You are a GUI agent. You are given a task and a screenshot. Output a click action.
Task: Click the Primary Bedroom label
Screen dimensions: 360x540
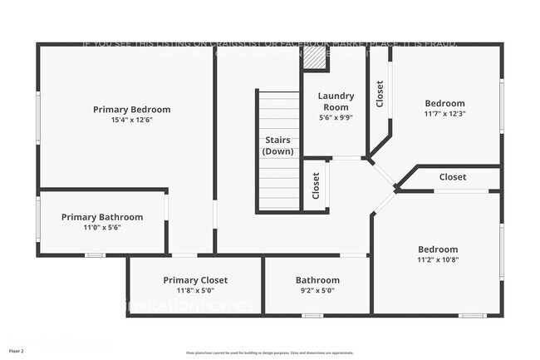point(131,109)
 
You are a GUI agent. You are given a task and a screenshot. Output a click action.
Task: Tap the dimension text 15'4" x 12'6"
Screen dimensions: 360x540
point(131,120)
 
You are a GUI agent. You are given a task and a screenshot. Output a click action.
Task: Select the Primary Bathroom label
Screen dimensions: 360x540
point(102,217)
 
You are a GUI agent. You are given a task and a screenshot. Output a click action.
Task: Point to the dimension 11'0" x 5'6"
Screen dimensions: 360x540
point(102,227)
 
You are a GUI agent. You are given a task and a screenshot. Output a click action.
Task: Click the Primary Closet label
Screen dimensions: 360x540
point(195,280)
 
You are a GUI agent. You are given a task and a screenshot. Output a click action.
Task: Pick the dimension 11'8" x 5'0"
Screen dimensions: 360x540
point(195,290)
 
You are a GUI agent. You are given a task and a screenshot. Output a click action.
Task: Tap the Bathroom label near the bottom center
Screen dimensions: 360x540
point(317,280)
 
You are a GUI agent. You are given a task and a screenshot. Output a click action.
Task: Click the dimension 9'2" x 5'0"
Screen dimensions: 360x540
point(317,290)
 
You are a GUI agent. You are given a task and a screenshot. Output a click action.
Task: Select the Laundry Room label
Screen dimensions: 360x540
point(336,101)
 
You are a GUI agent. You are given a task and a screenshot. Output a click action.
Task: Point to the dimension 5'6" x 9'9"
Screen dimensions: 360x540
point(336,117)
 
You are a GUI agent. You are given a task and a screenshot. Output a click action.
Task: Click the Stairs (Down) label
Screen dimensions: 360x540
point(277,145)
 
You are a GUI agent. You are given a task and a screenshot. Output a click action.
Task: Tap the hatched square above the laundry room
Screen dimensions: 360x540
point(314,57)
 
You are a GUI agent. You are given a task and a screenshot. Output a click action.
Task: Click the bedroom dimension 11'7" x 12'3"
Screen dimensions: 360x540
point(444,114)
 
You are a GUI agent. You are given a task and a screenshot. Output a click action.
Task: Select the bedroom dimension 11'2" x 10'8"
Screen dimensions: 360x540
point(437,259)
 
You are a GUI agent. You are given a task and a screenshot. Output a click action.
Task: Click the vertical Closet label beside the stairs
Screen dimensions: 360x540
point(317,185)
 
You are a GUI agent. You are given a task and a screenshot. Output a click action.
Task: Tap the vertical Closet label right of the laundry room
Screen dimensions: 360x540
point(380,94)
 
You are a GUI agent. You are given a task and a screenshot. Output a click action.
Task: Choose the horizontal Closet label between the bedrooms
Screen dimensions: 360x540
point(453,177)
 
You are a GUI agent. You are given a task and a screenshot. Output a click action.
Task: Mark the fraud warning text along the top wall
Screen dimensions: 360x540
point(269,43)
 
